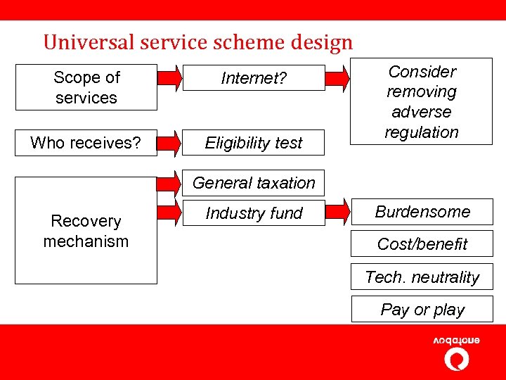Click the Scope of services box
pyautogui.click(x=86, y=87)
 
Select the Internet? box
pyautogui.click(x=254, y=78)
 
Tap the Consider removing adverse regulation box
pyautogui.click(x=422, y=101)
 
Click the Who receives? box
pyautogui.click(x=86, y=143)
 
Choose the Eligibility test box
pyautogui.click(x=254, y=143)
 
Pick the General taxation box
pyautogui.click(x=254, y=183)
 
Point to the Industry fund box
pyautogui.click(x=254, y=213)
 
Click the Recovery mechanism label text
pyautogui.click(x=86, y=231)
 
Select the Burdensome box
pyautogui.click(x=422, y=212)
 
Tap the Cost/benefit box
pyautogui.click(x=422, y=244)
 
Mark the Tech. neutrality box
pyautogui.click(x=422, y=277)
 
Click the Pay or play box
pyautogui.click(x=422, y=310)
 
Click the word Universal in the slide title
pyautogui.click(x=78, y=43)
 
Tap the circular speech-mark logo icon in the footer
pyautogui.click(x=457, y=360)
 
